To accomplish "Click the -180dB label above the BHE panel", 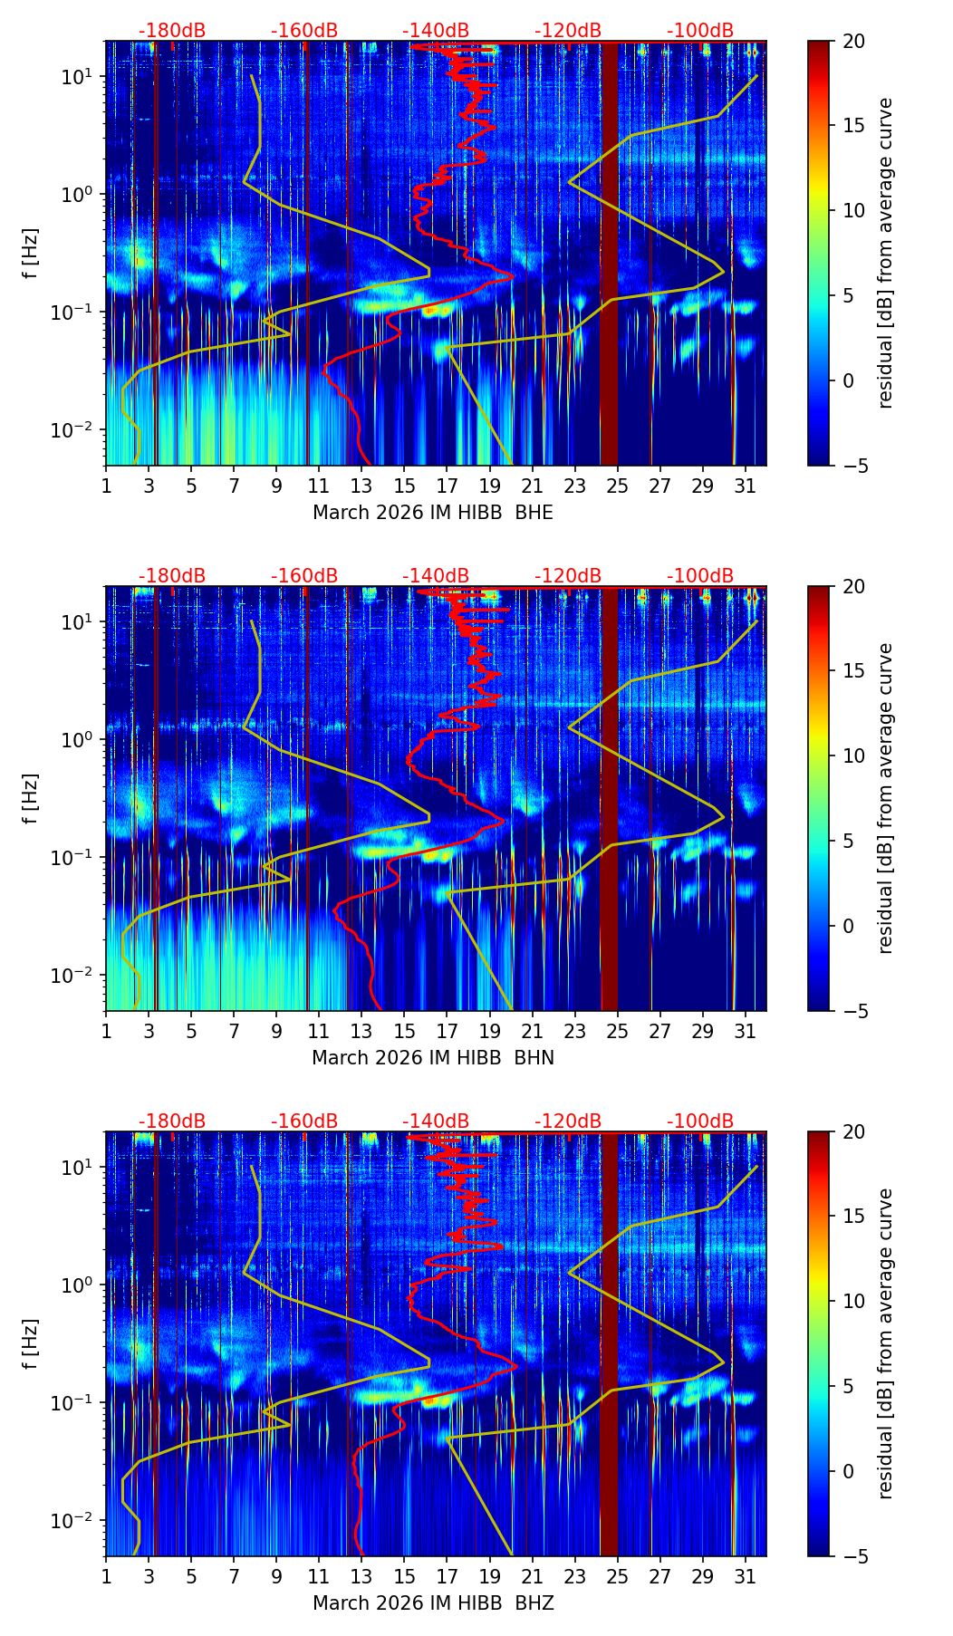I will pyautogui.click(x=172, y=31).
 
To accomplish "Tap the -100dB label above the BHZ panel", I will pyautogui.click(x=700, y=1121).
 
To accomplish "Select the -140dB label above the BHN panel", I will pyautogui.click(x=436, y=576).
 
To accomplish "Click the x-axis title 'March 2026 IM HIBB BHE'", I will pyautogui.click(x=433, y=513).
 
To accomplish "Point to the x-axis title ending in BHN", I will pyautogui.click(x=433, y=1058).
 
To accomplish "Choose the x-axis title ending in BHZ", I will pyautogui.click(x=433, y=1603).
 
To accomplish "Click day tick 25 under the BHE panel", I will pyautogui.click(x=617, y=485).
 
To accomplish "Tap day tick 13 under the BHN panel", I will pyautogui.click(x=361, y=1030).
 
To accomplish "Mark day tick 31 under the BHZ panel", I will pyautogui.click(x=745, y=1575).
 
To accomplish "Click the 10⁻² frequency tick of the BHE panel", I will pyautogui.click(x=81, y=428).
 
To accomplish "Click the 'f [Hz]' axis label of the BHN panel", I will pyautogui.click(x=31, y=798).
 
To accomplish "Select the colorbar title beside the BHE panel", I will pyautogui.click(x=885, y=253).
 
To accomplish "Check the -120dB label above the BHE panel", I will pyautogui.click(x=568, y=31).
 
